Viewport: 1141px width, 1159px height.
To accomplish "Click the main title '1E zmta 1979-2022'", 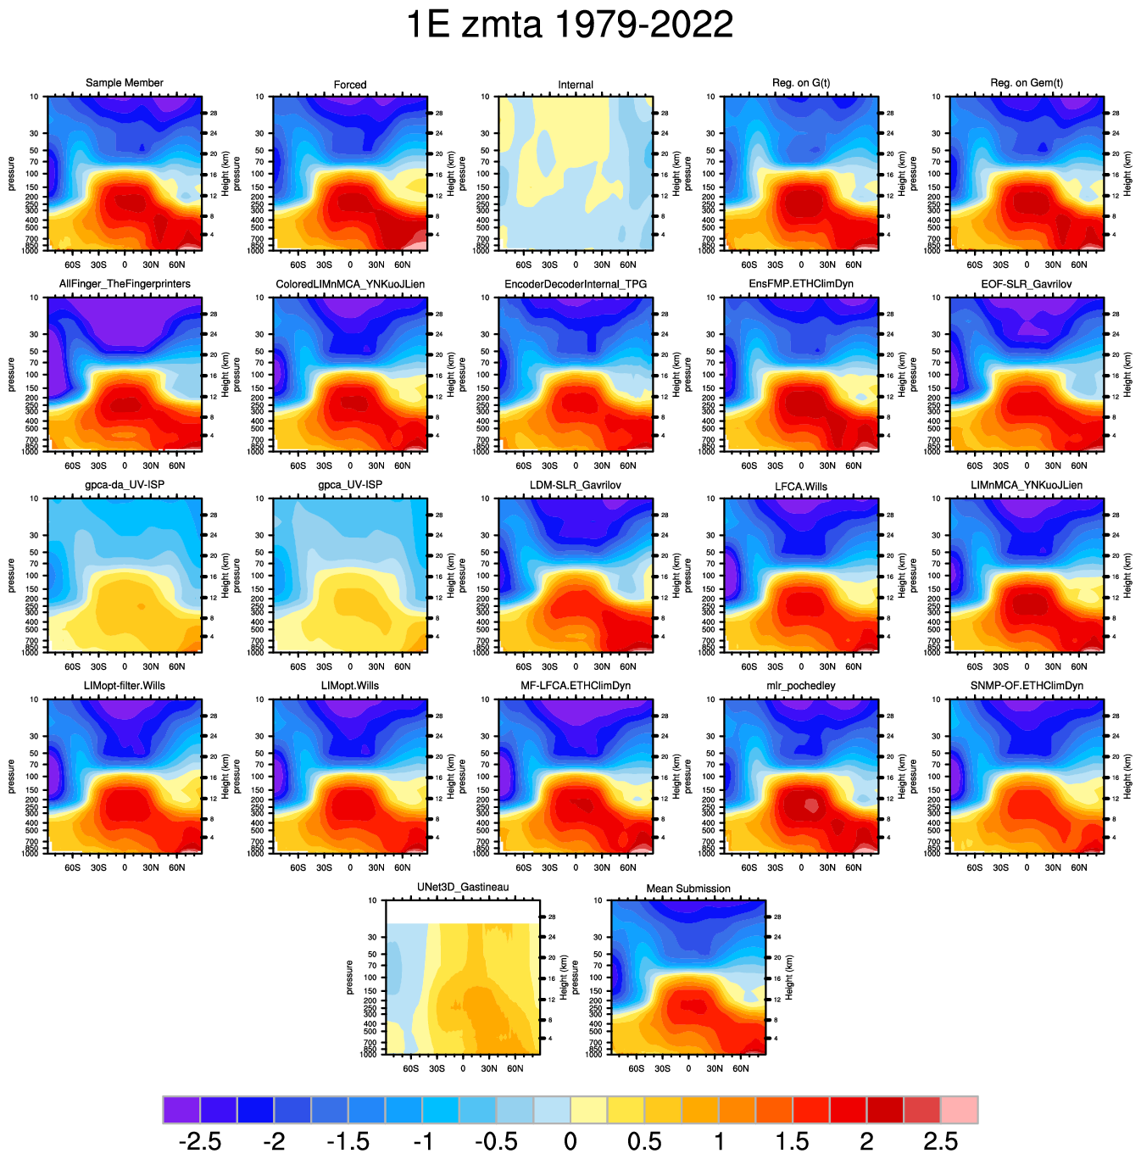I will [x=570, y=25].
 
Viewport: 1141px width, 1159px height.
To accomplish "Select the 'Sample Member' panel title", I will [x=125, y=83].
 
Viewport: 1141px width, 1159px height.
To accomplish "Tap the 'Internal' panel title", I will [x=576, y=85].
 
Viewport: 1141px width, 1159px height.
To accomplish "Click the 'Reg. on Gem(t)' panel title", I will [x=1027, y=83].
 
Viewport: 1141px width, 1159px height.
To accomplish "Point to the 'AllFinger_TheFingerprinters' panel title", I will [x=125, y=284].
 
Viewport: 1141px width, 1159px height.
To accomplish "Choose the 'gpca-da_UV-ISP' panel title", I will [x=125, y=485].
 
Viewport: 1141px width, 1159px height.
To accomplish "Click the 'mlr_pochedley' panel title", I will [x=801, y=686].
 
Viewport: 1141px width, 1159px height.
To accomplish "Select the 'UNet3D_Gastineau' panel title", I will [x=463, y=888].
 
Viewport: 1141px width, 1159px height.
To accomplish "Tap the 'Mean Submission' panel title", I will [x=688, y=889].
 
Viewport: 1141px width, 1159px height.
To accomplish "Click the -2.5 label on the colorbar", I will [x=200, y=1141].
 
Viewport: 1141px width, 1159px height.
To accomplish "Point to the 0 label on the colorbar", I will [x=570, y=1141].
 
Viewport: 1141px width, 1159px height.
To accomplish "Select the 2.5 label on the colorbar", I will [x=940, y=1141].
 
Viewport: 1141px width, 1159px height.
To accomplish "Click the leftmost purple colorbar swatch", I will [x=181, y=1109].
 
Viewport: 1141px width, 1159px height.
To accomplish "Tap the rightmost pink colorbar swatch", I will [x=960, y=1109].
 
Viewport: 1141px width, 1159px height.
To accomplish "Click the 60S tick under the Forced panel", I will [x=298, y=265].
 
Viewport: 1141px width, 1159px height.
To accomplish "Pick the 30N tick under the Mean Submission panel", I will [x=715, y=1068].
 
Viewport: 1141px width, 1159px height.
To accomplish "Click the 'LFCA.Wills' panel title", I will [x=801, y=486].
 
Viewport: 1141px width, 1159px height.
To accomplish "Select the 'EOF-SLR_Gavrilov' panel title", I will [x=1027, y=284].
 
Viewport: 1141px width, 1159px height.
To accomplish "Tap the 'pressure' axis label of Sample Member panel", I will [x=12, y=174].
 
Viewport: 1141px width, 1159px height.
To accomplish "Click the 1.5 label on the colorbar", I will [x=792, y=1141].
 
